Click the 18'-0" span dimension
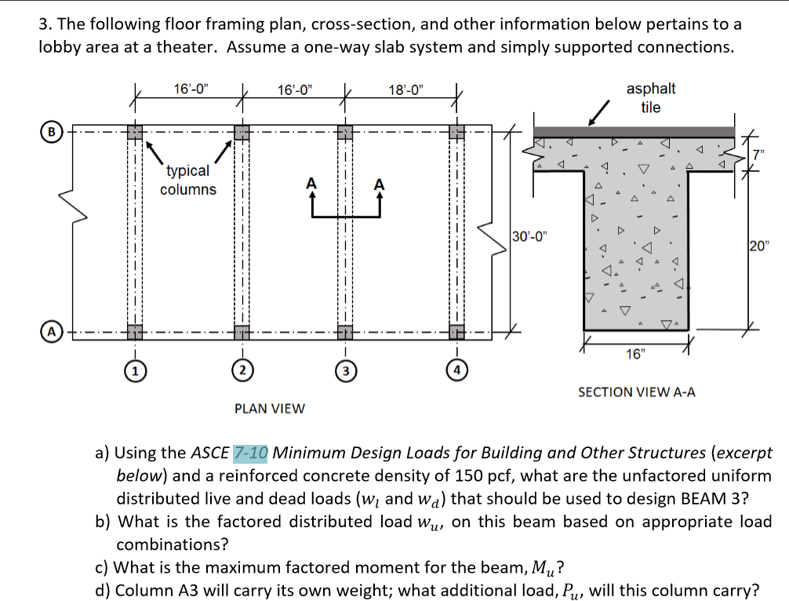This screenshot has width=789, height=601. click(x=405, y=89)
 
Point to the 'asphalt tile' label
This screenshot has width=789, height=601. click(x=650, y=98)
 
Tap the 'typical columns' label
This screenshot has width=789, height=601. click(x=188, y=180)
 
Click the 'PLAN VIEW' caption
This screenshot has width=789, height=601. click(x=270, y=408)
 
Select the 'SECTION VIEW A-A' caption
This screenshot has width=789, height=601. click(x=636, y=392)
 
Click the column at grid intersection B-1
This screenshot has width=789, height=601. click(x=136, y=132)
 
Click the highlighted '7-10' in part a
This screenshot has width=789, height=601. click(x=251, y=453)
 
